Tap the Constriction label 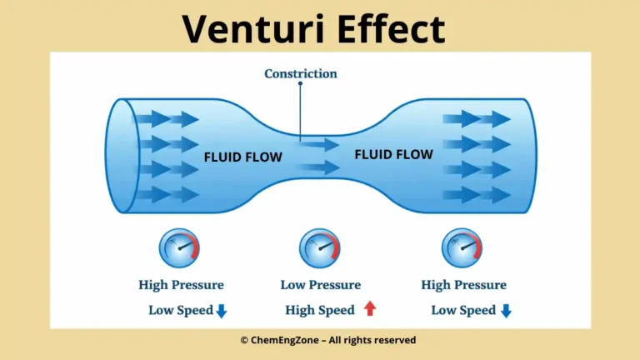click(301, 73)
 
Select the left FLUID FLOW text click(243, 157)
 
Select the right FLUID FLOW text click(393, 154)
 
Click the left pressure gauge click(179, 248)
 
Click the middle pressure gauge click(320, 248)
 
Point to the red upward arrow click(370, 309)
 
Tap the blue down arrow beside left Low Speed click(222, 311)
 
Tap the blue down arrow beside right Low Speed click(505, 311)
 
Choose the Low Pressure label click(321, 285)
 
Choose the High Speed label click(320, 310)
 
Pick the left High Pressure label click(181, 285)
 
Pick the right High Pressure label click(463, 285)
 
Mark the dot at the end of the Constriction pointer click(301, 130)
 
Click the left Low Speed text click(180, 310)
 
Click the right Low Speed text click(463, 310)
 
